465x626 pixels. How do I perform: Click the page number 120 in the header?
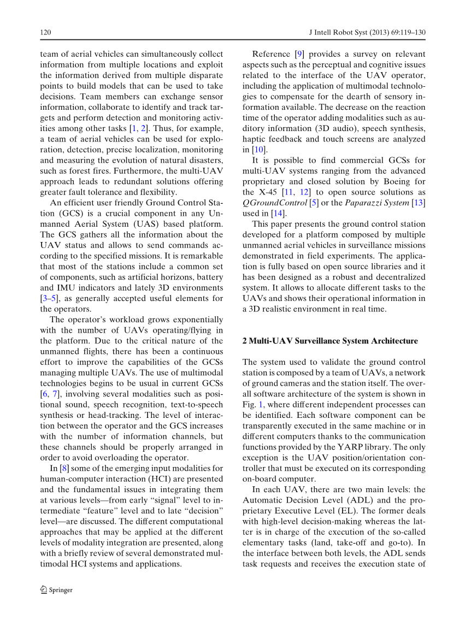click(x=45, y=33)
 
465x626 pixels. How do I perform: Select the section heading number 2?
click(x=244, y=341)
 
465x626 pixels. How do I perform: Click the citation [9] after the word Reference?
click(x=300, y=54)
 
